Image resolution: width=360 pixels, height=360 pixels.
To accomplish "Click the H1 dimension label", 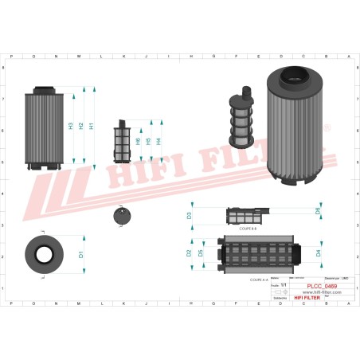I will (92, 126).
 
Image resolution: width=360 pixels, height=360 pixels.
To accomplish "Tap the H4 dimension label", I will (158, 141).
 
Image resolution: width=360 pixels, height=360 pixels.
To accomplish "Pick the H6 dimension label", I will (138, 141).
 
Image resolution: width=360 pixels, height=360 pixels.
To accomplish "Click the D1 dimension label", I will (81, 255).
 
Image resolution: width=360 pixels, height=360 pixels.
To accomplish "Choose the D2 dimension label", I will (189, 253).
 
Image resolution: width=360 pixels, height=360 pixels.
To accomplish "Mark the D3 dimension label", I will (190, 215).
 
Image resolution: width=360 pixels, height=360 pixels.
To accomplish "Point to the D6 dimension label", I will (318, 212).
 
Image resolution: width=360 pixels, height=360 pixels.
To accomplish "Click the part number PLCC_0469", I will (321, 286).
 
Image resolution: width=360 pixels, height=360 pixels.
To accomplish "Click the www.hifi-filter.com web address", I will (321, 292).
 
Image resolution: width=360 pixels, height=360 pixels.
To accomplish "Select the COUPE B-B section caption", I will (247, 228).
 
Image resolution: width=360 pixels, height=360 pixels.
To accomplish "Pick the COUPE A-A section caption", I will (259, 280).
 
